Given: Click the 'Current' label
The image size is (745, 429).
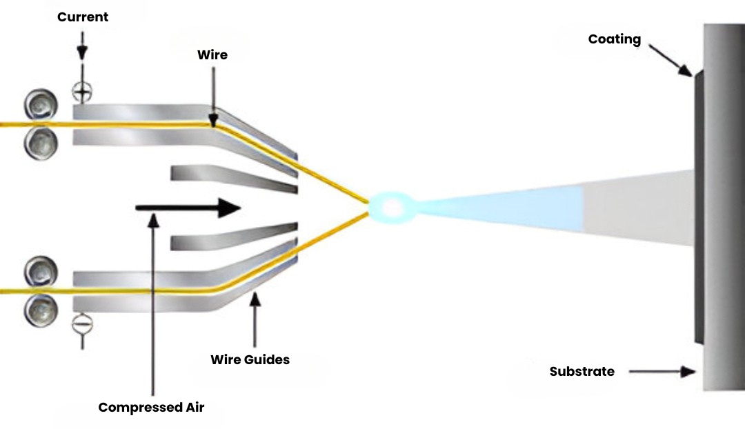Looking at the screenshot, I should click(83, 17).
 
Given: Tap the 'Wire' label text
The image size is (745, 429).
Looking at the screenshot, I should click(212, 54).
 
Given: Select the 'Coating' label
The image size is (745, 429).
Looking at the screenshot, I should click(614, 39).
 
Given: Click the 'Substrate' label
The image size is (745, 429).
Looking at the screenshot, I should click(582, 371).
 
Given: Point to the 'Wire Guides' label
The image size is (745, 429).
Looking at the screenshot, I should click(250, 359).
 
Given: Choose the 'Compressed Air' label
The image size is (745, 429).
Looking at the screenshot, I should click(151, 407).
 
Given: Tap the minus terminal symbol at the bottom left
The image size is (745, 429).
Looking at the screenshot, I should click(82, 321).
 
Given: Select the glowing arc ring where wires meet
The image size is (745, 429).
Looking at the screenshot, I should click(391, 206).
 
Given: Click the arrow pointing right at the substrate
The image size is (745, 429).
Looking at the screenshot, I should click(663, 372).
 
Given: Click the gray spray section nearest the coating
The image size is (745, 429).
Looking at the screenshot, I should click(638, 206).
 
